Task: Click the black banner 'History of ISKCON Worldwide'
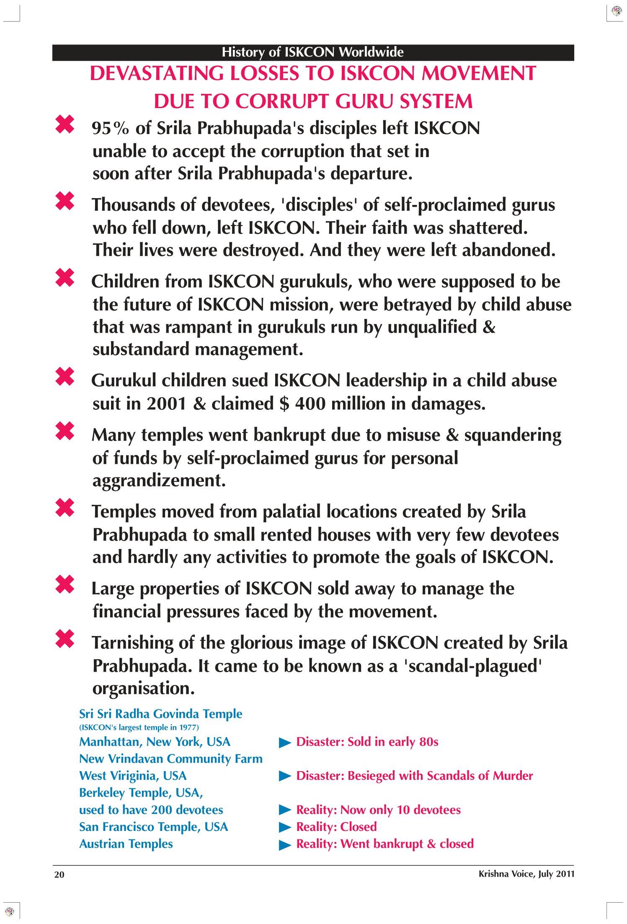coord(312,52)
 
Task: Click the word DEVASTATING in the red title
coord(157,74)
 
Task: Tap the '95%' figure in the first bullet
coord(110,129)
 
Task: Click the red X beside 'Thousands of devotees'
coord(65,201)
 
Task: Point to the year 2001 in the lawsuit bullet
coord(166,404)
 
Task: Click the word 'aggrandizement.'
coord(159,481)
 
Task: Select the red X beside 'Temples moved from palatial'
coord(65,508)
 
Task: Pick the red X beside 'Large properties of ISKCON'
coord(65,585)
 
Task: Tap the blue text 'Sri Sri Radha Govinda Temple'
coord(160,714)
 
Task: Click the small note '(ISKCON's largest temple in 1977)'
coord(139,727)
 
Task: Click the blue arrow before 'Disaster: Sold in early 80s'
coord(285,743)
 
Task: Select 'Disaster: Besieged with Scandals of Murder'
coord(414,776)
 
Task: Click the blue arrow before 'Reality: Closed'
coord(285,827)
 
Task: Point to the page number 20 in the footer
coord(59,875)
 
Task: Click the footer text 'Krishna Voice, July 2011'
coord(526,874)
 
